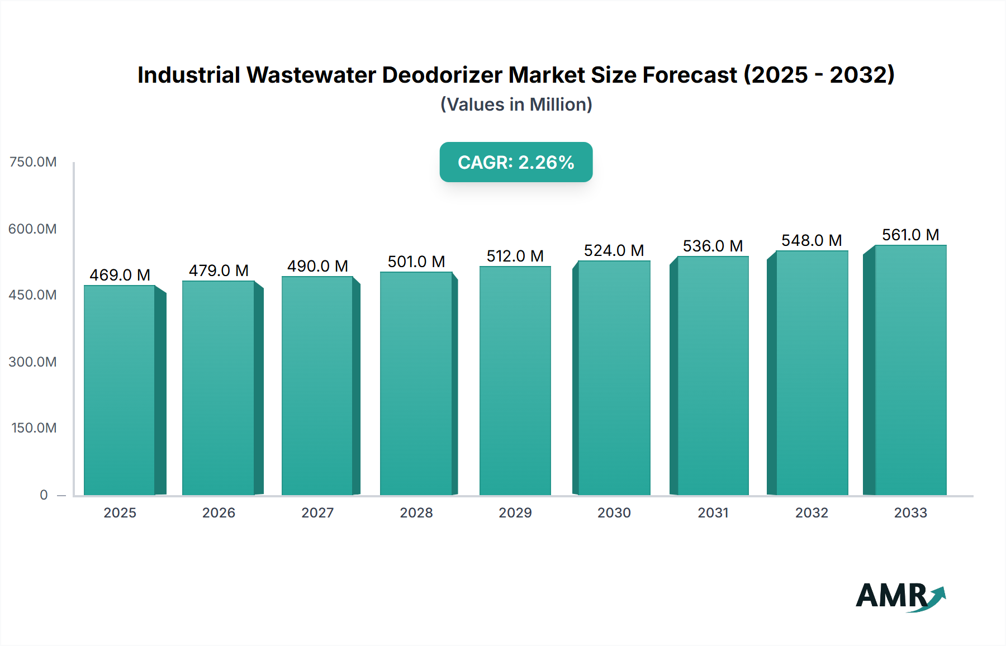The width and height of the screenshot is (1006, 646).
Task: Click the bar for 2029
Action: [515, 381]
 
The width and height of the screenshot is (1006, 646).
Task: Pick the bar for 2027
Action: [317, 386]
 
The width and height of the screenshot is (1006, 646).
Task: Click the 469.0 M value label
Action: [120, 275]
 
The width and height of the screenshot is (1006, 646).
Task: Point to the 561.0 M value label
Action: [910, 235]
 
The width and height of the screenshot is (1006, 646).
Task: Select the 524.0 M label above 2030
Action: [614, 250]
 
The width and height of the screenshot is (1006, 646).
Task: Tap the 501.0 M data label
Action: [416, 262]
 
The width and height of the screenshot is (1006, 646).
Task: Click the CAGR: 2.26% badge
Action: [516, 162]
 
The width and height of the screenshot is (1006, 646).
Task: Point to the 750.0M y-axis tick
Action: [33, 162]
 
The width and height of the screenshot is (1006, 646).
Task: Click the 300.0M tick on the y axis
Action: [33, 362]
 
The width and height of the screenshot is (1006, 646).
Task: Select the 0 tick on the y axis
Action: [44, 495]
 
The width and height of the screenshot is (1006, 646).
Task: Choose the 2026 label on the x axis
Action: [219, 512]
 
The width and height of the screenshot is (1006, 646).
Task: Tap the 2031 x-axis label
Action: [713, 512]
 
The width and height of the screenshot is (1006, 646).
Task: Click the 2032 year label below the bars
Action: [812, 512]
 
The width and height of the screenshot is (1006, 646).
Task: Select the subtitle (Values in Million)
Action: [516, 104]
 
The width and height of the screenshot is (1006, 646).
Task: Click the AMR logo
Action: [900, 596]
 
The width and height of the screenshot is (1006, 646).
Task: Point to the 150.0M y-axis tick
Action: [34, 428]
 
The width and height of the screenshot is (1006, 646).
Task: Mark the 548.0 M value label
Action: [812, 240]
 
